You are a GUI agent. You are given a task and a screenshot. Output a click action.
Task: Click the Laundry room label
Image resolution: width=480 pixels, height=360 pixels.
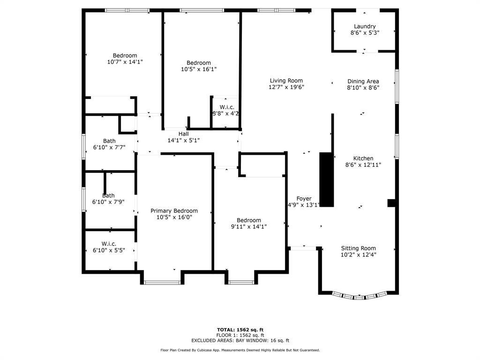coord(365,26)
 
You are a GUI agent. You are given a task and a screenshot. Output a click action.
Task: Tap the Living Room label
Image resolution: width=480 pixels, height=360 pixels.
coord(286,81)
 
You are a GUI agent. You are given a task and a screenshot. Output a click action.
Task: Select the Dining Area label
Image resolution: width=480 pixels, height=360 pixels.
coord(363,82)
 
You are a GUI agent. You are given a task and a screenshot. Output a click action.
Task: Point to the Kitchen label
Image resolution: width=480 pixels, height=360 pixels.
coord(363,158)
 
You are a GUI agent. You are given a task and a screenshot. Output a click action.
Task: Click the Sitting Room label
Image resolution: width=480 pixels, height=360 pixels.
coord(359,248)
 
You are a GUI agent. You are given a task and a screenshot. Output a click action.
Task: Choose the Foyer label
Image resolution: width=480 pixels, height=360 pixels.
coord(304,199)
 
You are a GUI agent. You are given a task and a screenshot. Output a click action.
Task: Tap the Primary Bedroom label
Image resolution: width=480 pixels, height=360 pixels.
coord(174,211)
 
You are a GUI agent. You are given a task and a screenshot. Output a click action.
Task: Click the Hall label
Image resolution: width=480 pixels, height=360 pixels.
coord(184,134)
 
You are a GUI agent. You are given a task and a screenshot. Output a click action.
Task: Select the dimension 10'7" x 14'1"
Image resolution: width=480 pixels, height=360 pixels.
coord(125,62)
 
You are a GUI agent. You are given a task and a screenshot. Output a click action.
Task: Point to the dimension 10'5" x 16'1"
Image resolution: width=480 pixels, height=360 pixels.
coord(199,69)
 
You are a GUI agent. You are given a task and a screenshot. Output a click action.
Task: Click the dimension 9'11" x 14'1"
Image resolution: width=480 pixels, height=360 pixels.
coord(249,226)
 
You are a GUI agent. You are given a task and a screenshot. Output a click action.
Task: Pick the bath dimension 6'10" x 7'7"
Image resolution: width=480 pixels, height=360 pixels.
coord(109,147)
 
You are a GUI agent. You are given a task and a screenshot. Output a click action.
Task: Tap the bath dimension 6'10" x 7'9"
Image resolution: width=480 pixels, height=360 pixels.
coord(108,202)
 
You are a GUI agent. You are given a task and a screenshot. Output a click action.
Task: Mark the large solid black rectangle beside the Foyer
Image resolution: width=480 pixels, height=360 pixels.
coord(327,180)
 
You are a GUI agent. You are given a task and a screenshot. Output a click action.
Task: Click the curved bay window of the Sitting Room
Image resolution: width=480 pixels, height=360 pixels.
coord(359,296)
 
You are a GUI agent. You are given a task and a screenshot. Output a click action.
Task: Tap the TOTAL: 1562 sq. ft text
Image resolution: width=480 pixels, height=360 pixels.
coord(240,330)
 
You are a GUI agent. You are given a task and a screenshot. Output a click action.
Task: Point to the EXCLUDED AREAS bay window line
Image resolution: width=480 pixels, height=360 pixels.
coord(240,340)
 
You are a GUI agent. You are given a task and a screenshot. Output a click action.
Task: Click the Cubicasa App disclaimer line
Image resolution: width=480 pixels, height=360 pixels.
coord(240,350)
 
